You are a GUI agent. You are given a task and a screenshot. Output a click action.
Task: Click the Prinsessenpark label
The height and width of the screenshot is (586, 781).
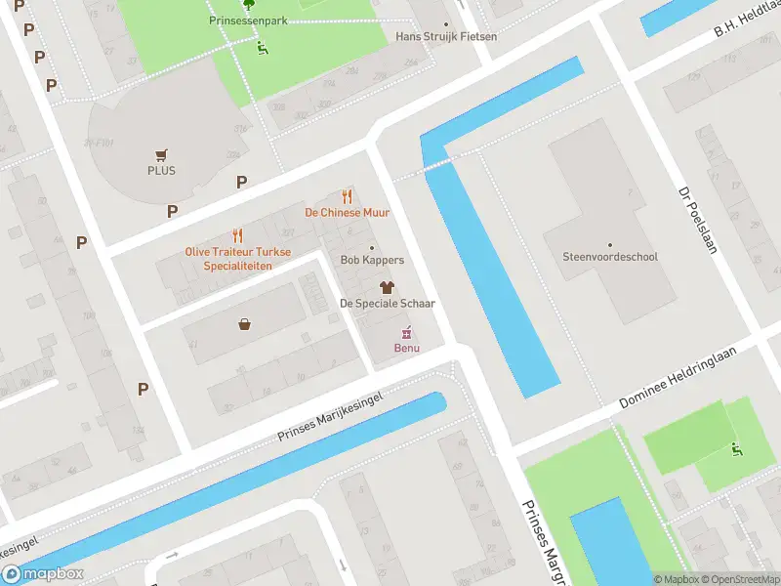click(248, 20)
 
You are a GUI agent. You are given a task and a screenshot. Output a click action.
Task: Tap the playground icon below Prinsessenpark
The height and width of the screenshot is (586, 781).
click(262, 47)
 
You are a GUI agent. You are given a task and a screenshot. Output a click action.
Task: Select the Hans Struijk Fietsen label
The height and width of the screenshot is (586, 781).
click(446, 36)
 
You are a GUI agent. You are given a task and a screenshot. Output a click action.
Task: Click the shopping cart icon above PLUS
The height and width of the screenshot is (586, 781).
click(161, 154)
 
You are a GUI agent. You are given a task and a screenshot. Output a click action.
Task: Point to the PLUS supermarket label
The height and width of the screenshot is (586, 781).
click(161, 170)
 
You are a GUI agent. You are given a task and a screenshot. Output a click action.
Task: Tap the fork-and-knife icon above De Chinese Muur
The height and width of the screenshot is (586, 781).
click(347, 196)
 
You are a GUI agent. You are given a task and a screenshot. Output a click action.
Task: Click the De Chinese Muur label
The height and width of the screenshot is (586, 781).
click(347, 212)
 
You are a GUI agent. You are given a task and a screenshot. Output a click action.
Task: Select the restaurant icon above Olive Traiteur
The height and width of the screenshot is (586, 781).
click(237, 235)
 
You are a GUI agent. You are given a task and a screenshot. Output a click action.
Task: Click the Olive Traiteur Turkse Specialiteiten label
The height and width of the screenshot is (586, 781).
click(238, 258)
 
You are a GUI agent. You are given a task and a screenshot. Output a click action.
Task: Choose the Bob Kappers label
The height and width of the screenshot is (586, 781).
click(371, 260)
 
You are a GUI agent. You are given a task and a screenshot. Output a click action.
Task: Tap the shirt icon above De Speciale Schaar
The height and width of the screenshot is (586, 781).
click(387, 287)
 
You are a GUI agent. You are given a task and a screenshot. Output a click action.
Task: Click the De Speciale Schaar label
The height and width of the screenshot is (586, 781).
click(387, 303)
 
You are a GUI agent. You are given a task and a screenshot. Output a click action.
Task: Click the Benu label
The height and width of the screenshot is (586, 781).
click(406, 349)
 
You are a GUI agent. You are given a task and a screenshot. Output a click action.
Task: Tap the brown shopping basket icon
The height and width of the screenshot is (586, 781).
click(243, 324)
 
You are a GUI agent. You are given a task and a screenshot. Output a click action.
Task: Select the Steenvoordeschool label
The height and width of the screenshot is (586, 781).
click(610, 257)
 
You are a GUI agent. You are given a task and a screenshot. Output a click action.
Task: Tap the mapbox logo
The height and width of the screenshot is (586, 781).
click(43, 574)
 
